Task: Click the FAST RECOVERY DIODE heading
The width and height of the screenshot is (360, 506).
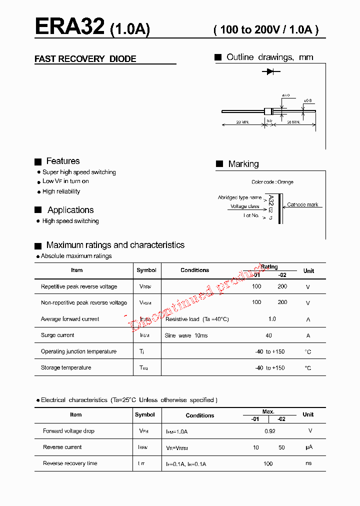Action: [85, 59]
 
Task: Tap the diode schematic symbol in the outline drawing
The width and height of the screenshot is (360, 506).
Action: [270, 71]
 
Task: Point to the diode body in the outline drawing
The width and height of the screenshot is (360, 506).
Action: [268, 111]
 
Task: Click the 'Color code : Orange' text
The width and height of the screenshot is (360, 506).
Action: [272, 182]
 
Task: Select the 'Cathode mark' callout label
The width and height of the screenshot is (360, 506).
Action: [302, 205]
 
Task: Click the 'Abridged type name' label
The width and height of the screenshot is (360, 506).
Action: [239, 197]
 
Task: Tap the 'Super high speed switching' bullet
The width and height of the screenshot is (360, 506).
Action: [79, 172]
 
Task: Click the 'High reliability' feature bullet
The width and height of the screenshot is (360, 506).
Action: [61, 191]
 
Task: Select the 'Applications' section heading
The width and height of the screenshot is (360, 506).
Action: [70, 210]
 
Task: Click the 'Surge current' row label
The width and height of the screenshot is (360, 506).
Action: [57, 335]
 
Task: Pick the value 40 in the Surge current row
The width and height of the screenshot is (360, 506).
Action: [269, 335]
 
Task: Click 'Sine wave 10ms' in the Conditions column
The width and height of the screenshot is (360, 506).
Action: [186, 335]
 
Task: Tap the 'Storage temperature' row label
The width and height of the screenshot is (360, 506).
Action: [66, 367]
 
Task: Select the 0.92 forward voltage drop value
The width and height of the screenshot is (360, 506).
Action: [269, 431]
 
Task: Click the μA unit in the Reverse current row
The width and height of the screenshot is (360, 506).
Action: [308, 447]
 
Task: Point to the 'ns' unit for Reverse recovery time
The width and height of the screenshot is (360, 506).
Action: [308, 463]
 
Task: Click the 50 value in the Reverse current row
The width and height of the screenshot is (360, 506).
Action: [281, 447]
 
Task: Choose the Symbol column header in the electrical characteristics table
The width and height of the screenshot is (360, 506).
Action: [145, 414]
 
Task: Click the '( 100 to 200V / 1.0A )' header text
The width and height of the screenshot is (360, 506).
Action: [266, 29]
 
